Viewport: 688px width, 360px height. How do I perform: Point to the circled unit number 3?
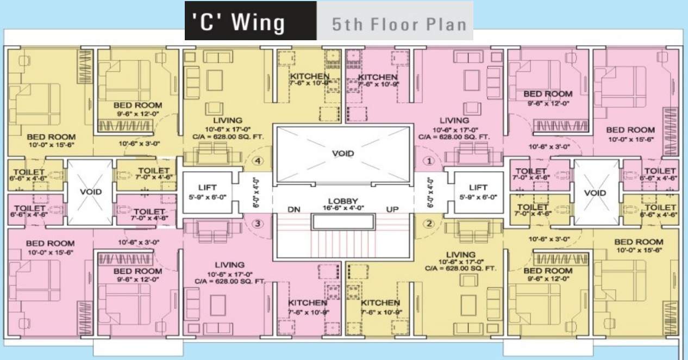[x=259, y=223]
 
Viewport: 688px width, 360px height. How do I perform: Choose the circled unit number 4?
[x=259, y=161]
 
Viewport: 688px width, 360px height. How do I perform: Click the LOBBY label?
[x=342, y=201]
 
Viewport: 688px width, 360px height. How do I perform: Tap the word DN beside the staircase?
[x=293, y=209]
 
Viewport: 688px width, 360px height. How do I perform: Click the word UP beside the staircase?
[x=392, y=209]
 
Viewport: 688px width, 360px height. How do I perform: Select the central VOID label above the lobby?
[x=342, y=153]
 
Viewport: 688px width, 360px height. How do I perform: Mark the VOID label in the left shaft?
[x=90, y=192]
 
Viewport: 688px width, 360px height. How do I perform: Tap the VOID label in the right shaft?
[x=596, y=193]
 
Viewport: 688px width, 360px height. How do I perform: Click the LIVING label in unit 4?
[x=228, y=120]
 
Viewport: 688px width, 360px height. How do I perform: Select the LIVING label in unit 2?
[x=461, y=255]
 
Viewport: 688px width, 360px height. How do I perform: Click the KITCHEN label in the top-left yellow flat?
[x=309, y=76]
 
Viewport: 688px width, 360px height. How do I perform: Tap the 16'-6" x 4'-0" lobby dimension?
[x=342, y=208]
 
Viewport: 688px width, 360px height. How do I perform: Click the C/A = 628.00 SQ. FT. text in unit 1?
[x=454, y=137]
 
